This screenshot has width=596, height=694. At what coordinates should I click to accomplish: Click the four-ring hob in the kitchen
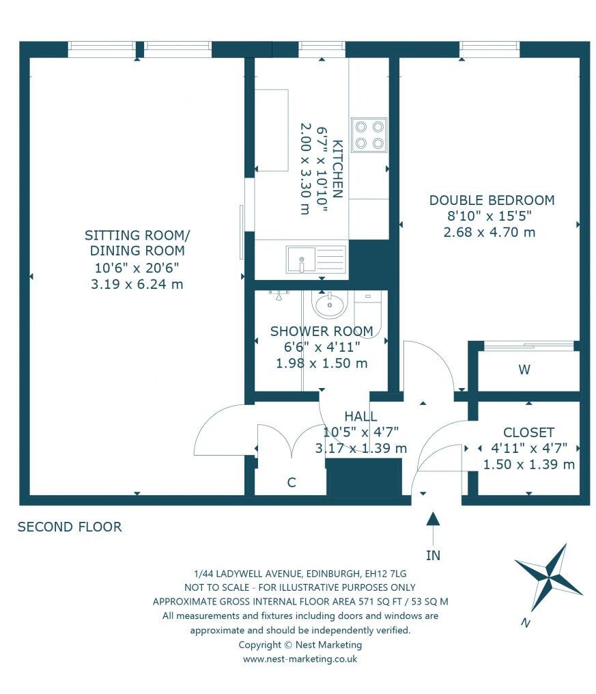[369, 135]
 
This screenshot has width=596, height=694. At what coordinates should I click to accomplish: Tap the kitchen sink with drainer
[317, 258]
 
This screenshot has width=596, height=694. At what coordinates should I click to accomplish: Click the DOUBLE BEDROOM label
[492, 200]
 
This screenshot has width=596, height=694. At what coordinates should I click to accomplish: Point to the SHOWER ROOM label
[322, 331]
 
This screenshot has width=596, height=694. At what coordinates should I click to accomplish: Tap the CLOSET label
[528, 432]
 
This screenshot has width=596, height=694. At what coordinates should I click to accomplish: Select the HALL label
[360, 416]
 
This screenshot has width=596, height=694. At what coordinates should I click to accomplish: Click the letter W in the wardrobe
[524, 370]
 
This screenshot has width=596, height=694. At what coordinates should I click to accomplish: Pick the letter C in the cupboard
[291, 482]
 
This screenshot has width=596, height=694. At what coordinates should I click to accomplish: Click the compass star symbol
[548, 579]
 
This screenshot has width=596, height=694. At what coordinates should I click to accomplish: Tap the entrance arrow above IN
[433, 526]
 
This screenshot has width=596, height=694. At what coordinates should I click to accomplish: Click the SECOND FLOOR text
[70, 527]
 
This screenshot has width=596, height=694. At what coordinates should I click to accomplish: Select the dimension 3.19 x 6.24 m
[137, 284]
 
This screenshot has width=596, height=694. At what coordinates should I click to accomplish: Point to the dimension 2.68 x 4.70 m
[489, 232]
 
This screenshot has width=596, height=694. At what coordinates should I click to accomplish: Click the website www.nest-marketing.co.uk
[300, 659]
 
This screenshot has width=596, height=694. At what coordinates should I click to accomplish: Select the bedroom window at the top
[489, 47]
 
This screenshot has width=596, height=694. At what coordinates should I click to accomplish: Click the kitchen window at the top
[322, 47]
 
